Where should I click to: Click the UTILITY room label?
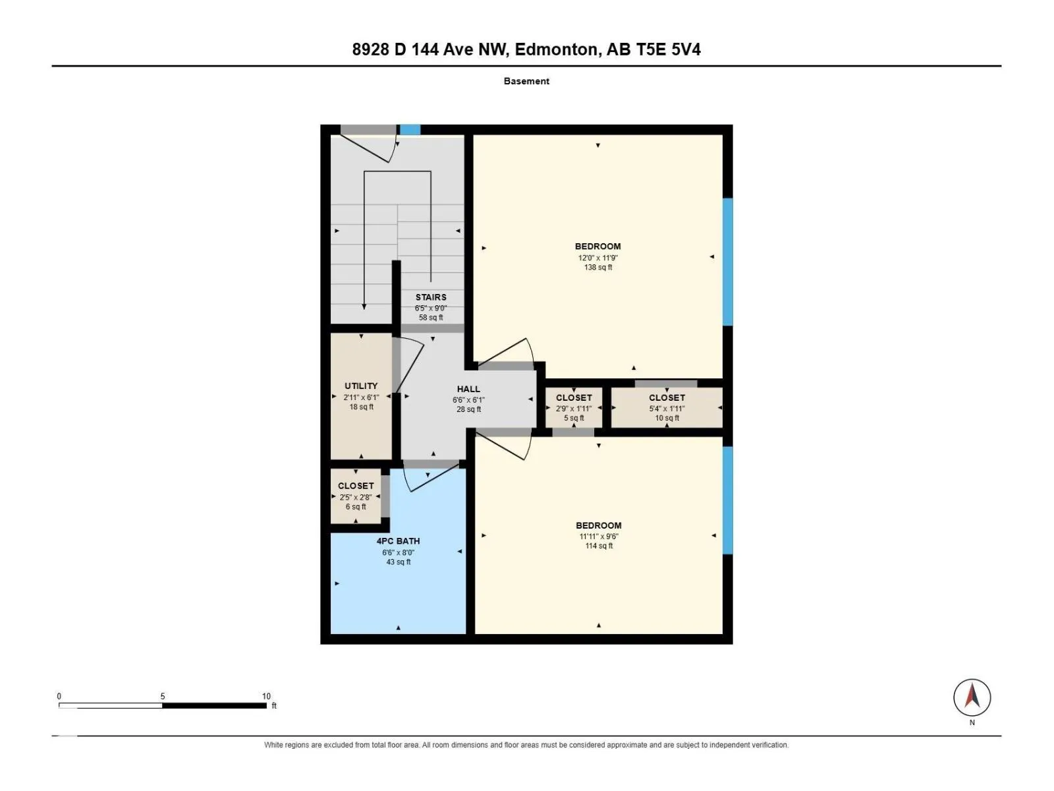click(x=361, y=386)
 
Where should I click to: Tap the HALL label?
click(x=468, y=389)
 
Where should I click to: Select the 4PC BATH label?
click(x=398, y=541)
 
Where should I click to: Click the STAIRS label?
click(x=431, y=297)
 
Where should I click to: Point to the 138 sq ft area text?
click(x=598, y=268)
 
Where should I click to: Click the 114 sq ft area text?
click(x=599, y=546)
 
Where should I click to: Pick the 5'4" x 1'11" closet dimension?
click(x=667, y=409)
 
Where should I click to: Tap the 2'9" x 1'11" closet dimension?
click(x=574, y=409)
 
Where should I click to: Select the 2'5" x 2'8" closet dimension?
click(x=355, y=497)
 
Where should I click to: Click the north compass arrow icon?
click(x=972, y=697)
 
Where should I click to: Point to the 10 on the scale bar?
click(x=266, y=696)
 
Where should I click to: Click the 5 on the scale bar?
click(x=163, y=696)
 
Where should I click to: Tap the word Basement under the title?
click(x=526, y=81)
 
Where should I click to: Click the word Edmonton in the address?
click(x=557, y=49)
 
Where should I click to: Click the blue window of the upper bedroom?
click(x=727, y=262)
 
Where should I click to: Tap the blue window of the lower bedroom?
click(x=727, y=500)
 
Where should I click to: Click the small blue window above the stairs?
click(x=410, y=130)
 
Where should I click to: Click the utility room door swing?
click(x=408, y=366)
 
